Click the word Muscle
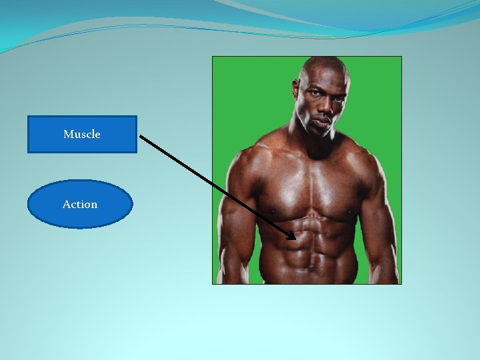pyautogui.click(x=82, y=134)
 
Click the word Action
pyautogui.click(x=80, y=204)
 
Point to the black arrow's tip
pyautogui.click(x=295, y=238)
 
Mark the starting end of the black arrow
pyautogui.click(x=141, y=136)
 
